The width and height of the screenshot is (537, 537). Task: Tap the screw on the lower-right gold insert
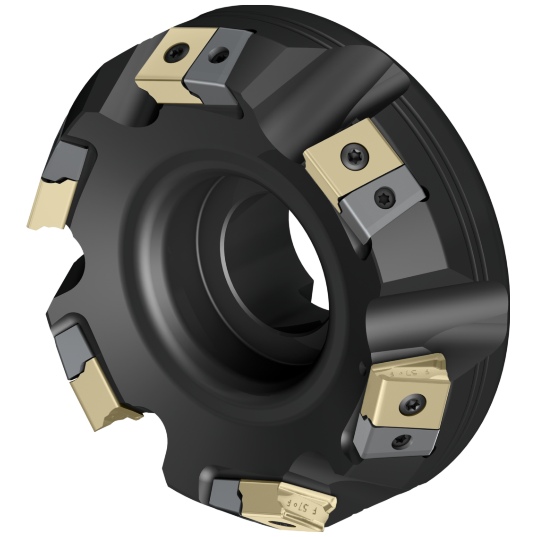tap(410, 403)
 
